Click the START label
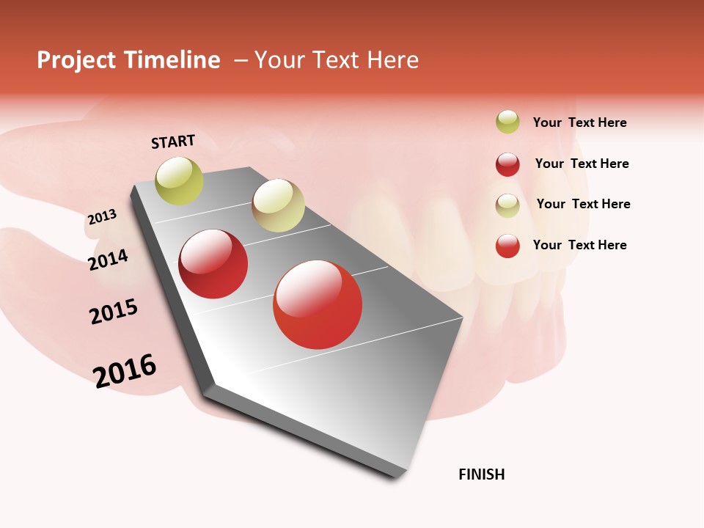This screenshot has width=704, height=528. tap(173, 142)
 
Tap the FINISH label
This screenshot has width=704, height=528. tap(482, 474)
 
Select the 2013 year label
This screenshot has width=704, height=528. tap(102, 217)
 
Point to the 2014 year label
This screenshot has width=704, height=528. tap(108, 260)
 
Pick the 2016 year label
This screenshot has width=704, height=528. tap(125, 370)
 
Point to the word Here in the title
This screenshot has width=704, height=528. tap(392, 60)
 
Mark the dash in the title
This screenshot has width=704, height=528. tap(241, 60)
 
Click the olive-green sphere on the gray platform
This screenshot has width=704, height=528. tap(179, 180)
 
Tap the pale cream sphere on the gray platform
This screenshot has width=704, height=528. tap(278, 205)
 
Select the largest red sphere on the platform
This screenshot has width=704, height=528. tap(318, 304)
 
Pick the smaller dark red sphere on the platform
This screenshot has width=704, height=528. tap(213, 264)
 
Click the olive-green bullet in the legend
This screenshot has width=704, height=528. tap(507, 122)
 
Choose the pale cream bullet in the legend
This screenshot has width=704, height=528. tap(507, 205)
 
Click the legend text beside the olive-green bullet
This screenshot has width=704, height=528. tap(579, 122)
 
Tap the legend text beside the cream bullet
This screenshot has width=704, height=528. tap(583, 204)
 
